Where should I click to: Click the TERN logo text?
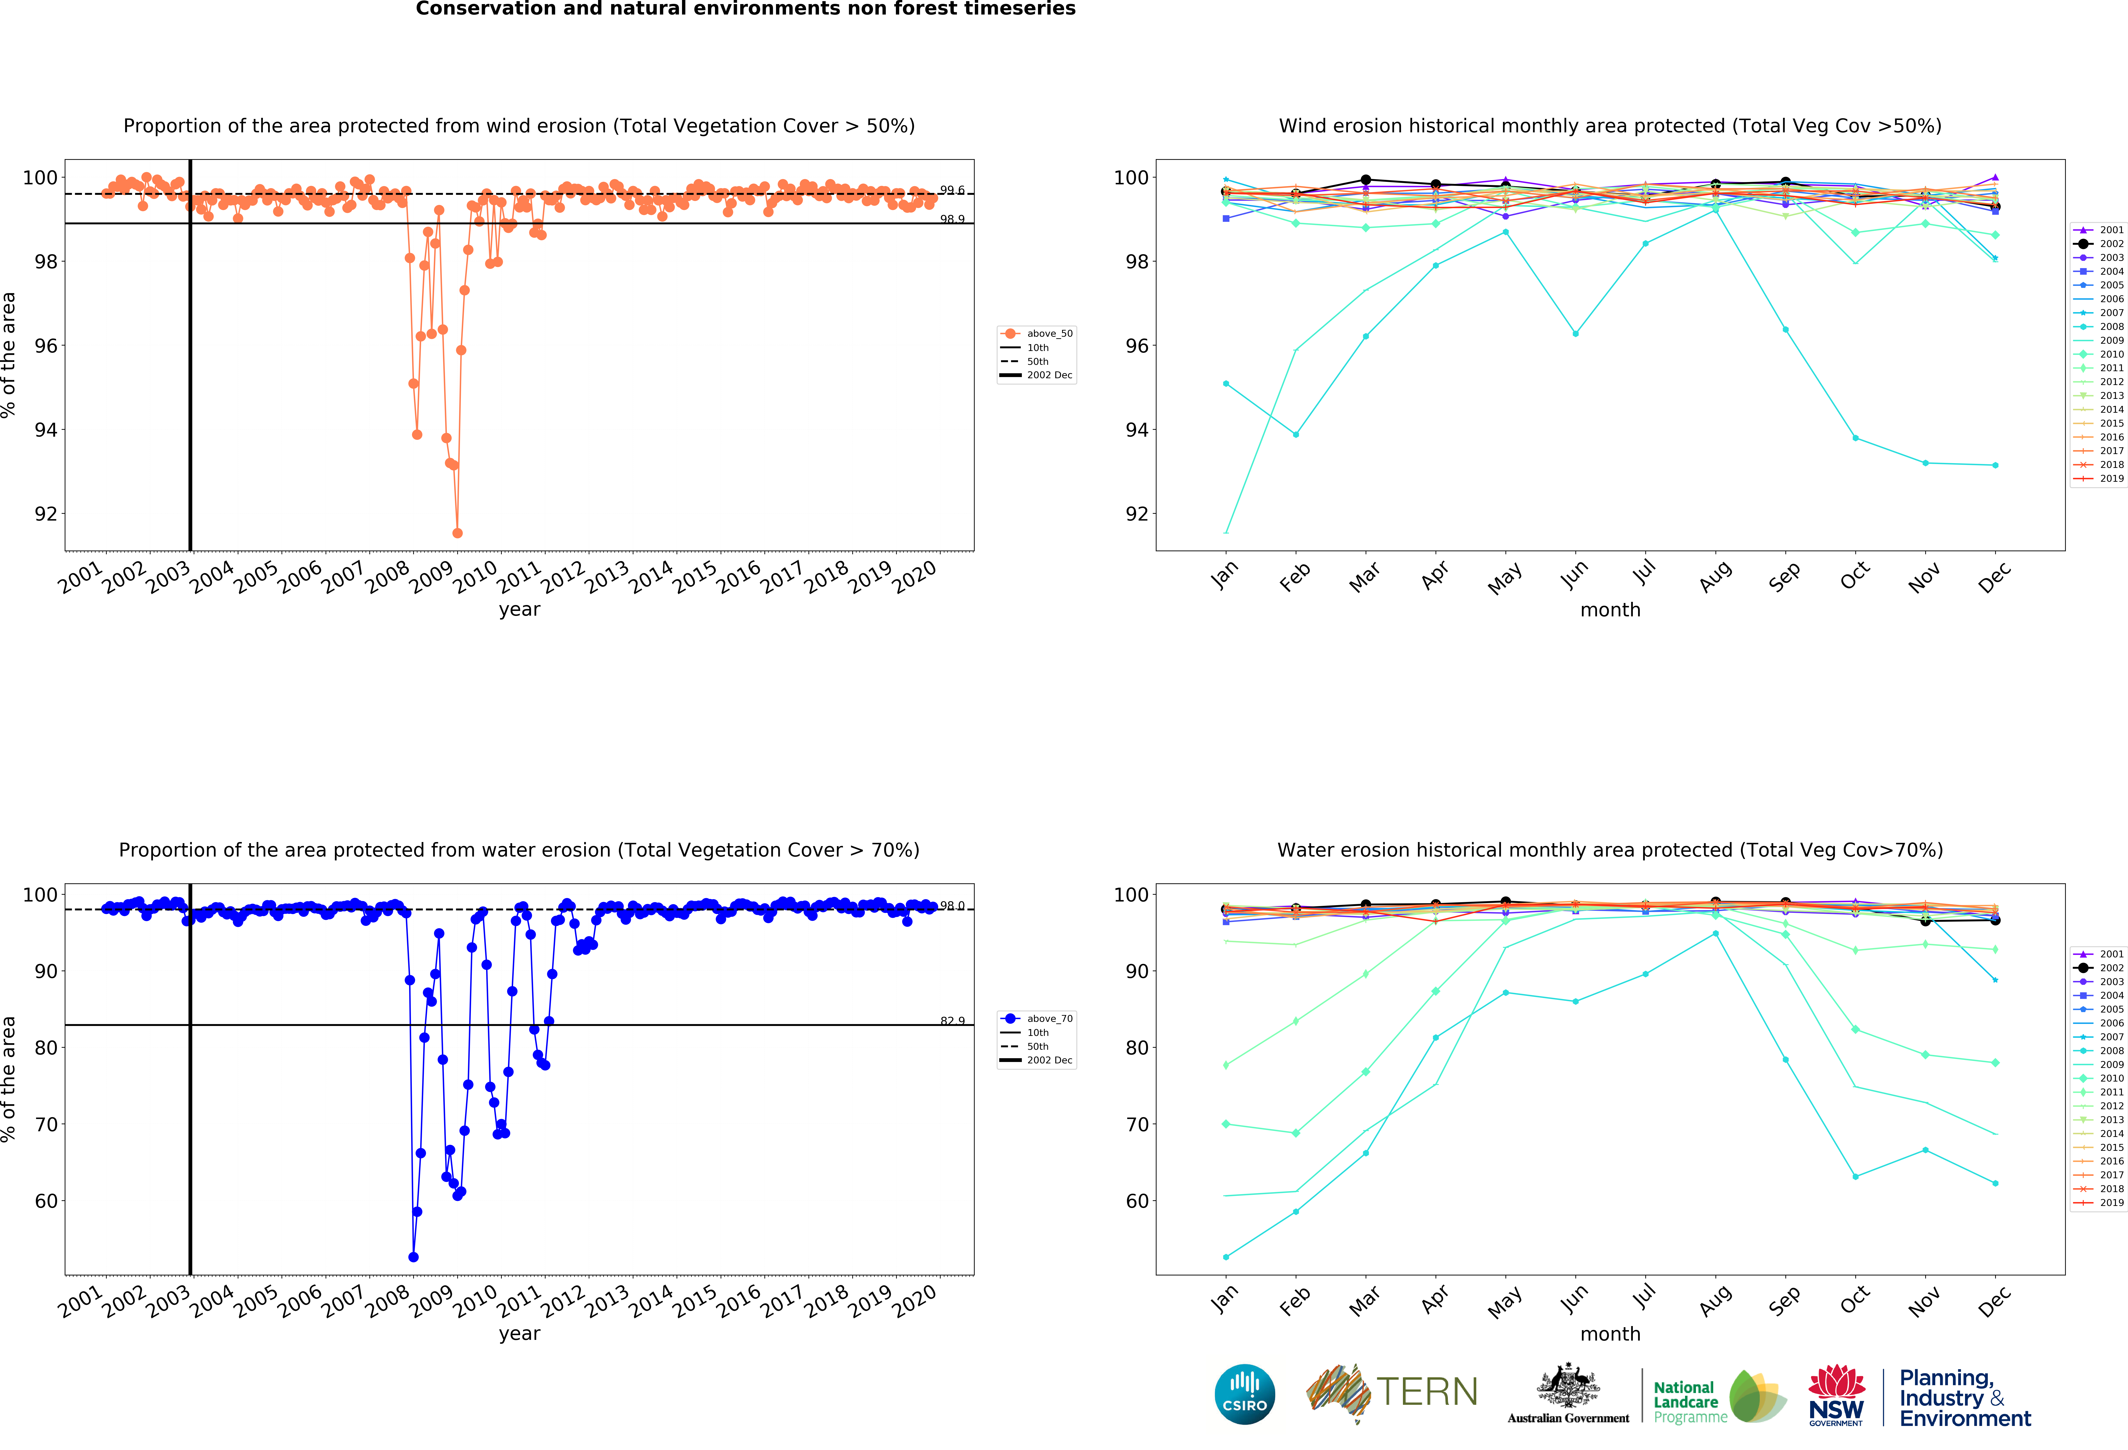(x=1427, y=1392)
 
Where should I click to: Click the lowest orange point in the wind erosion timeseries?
(x=457, y=533)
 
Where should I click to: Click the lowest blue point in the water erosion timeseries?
(x=413, y=1257)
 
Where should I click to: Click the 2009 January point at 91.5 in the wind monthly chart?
(x=1226, y=532)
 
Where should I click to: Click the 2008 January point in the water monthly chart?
(x=1226, y=1257)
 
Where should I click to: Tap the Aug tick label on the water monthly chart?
(x=1714, y=1301)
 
